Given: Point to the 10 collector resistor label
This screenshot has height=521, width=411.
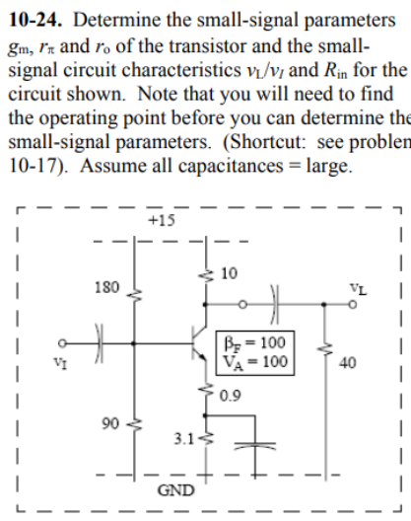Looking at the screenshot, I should tap(230, 272).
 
